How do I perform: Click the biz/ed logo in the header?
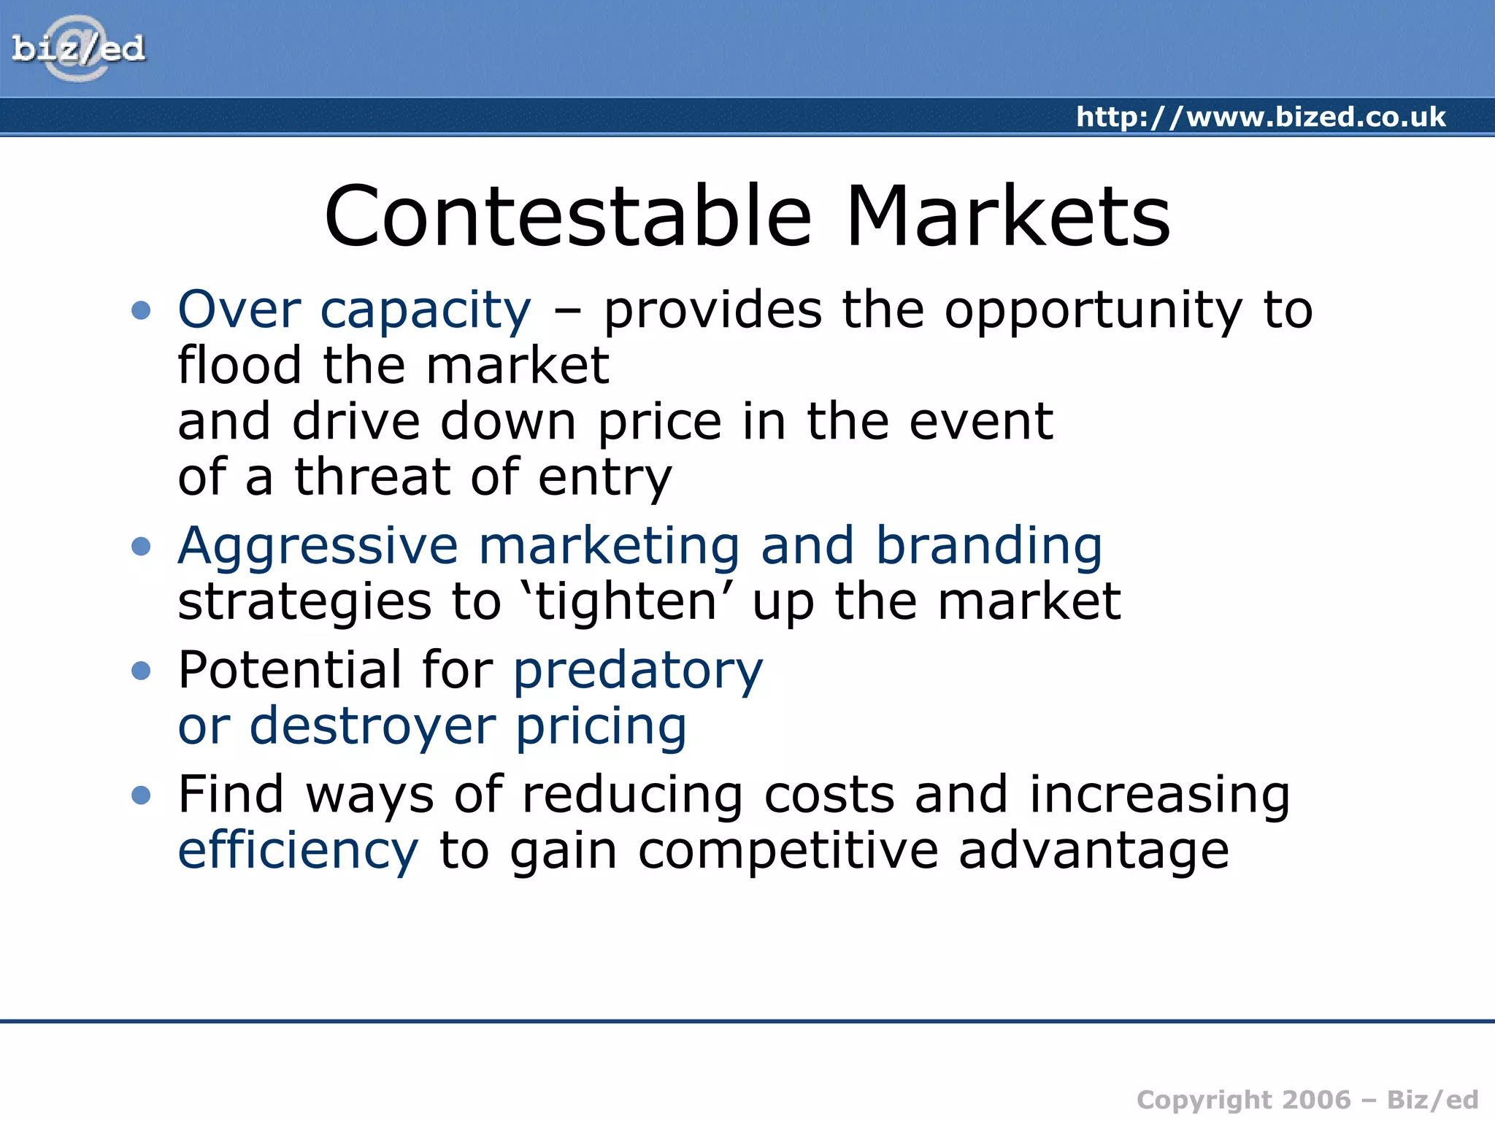[x=78, y=49]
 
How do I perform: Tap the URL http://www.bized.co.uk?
[x=1260, y=117]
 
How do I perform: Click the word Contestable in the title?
[x=568, y=217]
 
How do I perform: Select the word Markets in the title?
[x=1007, y=217]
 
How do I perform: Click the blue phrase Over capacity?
[x=355, y=310]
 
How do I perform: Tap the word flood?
[x=239, y=365]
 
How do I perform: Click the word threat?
[x=372, y=477]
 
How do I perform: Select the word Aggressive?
[x=318, y=547]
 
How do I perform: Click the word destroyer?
[x=372, y=726]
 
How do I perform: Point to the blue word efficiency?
[x=298, y=852]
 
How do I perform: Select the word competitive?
[x=788, y=852]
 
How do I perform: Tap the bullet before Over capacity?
[x=141, y=310]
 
